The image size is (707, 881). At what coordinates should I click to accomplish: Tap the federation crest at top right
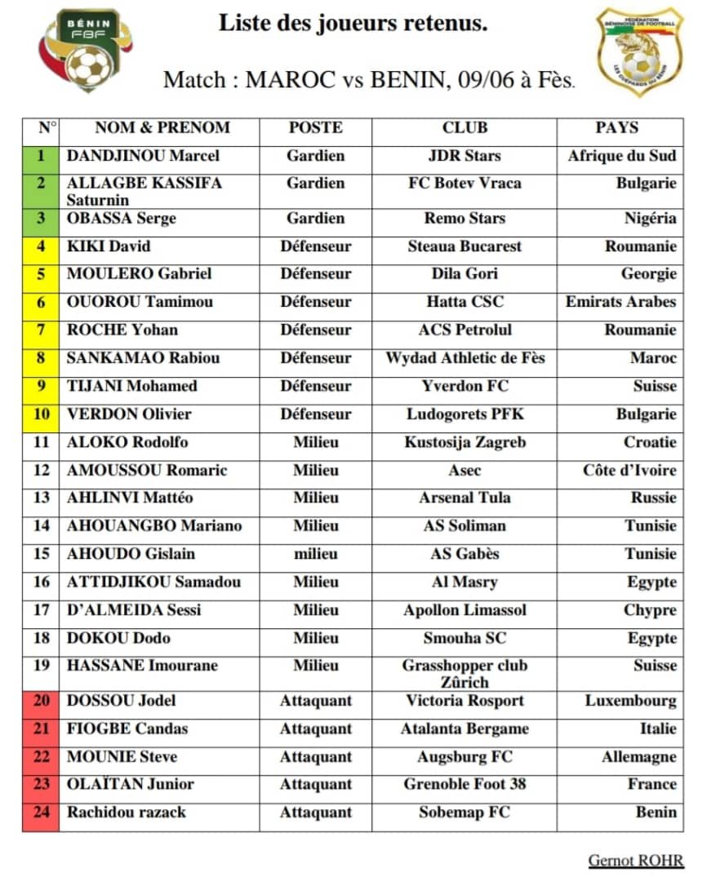coord(639,51)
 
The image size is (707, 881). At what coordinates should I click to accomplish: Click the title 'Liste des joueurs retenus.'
coord(353,24)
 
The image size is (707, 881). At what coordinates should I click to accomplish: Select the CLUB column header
coord(465,128)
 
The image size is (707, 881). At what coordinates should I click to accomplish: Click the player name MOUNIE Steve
coord(122,757)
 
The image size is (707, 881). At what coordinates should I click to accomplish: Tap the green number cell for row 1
coord(42,156)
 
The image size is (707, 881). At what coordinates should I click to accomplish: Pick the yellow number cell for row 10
coord(42,414)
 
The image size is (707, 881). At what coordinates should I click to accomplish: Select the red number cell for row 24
coord(42,812)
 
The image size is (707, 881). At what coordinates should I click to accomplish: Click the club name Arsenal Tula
coord(465,498)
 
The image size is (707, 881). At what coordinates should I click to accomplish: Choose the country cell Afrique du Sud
coord(622,156)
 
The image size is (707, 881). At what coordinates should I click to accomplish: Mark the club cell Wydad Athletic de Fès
coord(465,358)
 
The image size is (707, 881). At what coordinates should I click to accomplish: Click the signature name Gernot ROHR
coord(636,861)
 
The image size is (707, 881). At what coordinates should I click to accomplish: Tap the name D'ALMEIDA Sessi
coord(134,610)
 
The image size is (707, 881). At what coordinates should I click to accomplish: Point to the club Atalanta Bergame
coord(465,729)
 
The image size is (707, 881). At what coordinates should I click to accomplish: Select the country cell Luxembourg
coord(630,701)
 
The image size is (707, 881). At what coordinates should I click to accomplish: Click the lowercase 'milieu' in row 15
coord(316,554)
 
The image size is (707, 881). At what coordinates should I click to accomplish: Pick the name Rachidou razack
coord(127,812)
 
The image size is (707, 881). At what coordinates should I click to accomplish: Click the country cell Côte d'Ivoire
coord(629,471)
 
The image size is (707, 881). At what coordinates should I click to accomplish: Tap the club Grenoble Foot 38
coord(465,785)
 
